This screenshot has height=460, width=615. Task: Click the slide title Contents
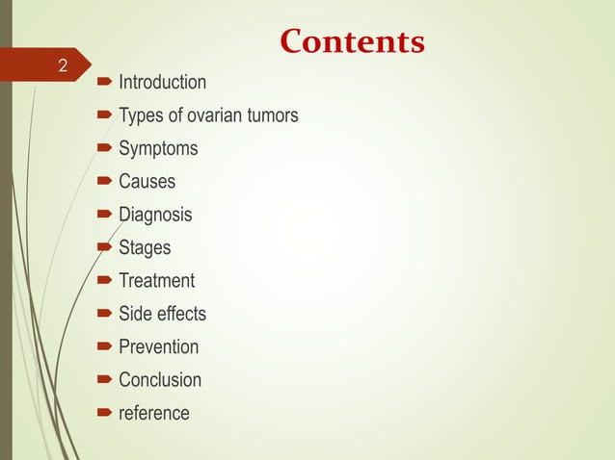(351, 42)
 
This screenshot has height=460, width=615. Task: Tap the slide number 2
(63, 66)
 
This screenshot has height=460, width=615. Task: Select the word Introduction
(162, 83)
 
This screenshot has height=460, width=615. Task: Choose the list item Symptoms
(158, 149)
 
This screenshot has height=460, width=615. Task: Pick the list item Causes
(147, 182)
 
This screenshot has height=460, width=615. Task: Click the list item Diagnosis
(155, 215)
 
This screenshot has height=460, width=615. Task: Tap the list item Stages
(145, 248)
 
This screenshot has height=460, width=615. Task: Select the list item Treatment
(156, 281)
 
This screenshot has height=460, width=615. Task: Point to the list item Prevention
(158, 347)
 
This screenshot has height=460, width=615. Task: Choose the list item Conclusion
(160, 380)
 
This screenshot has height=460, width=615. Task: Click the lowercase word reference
(154, 413)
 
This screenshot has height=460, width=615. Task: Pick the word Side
(135, 314)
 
